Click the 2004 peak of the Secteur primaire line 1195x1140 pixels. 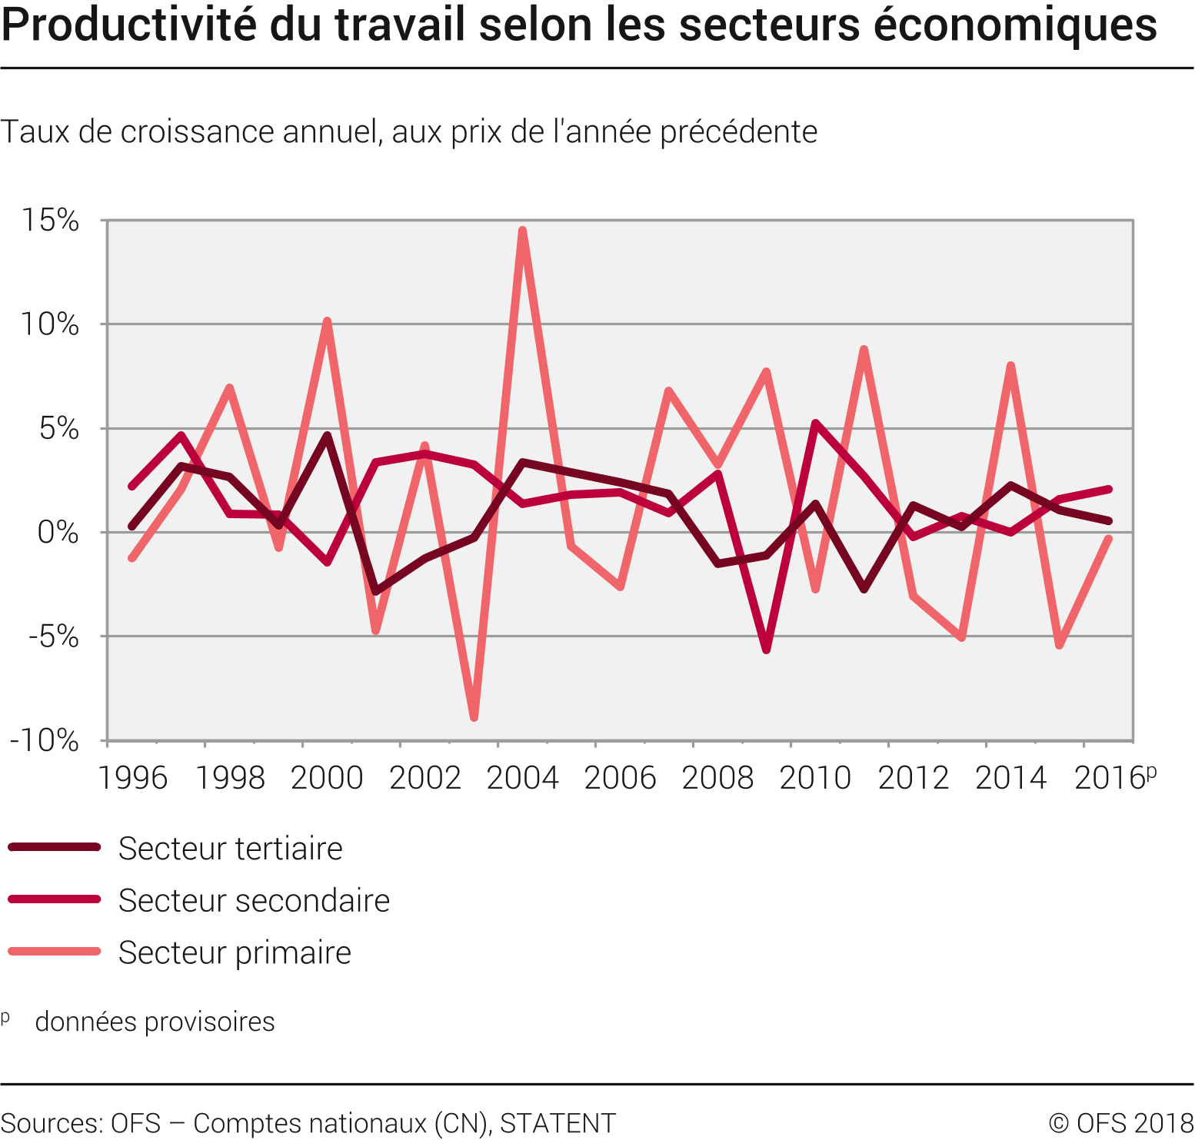pyautogui.click(x=523, y=231)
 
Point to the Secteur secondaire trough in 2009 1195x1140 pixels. pyautogui.click(x=767, y=650)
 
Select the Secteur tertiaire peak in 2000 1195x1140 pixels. pyautogui.click(x=328, y=436)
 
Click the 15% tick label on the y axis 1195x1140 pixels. pyautogui.click(x=50, y=221)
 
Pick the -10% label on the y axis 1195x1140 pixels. pyautogui.click(x=45, y=740)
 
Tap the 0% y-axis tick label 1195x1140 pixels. pyautogui.click(x=58, y=532)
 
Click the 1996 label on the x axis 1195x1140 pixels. pyautogui.click(x=132, y=778)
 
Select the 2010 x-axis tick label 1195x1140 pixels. pyautogui.click(x=815, y=778)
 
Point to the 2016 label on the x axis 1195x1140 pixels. pyautogui.click(x=1110, y=778)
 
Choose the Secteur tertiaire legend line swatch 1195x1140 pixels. pyautogui.click(x=54, y=847)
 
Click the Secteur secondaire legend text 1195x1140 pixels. pyautogui.click(x=254, y=900)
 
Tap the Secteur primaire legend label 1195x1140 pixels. pyautogui.click(x=235, y=952)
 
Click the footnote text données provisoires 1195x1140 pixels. pyautogui.click(x=155, y=1022)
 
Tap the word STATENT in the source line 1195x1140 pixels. pyautogui.click(x=558, y=1123)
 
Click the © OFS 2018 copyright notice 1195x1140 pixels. pyautogui.click(x=1120, y=1123)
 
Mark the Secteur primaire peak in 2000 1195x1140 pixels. pyautogui.click(x=328, y=321)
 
